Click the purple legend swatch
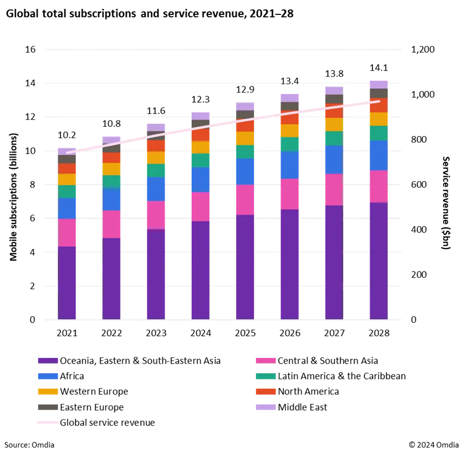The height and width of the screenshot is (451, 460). pyautogui.click(x=48, y=360)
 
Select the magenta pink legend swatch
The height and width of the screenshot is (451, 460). pyautogui.click(x=265, y=360)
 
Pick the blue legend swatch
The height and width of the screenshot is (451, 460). pyautogui.click(x=48, y=376)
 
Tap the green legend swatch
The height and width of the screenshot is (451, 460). pyautogui.click(x=265, y=376)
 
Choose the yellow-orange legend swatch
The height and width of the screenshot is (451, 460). pyautogui.click(x=48, y=391)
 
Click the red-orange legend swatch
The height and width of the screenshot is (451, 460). pyautogui.click(x=265, y=391)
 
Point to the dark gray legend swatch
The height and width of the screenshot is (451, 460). pyautogui.click(x=48, y=407)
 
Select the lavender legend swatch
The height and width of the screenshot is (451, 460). pyautogui.click(x=265, y=407)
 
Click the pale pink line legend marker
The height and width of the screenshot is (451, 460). pyautogui.click(x=48, y=422)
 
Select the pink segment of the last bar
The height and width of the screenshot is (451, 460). pyautogui.click(x=378, y=187)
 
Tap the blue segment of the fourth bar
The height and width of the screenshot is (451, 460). pyautogui.click(x=200, y=179)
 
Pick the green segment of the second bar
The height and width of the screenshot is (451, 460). pyautogui.click(x=111, y=182)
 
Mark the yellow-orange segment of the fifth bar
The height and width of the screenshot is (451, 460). pyautogui.click(x=244, y=138)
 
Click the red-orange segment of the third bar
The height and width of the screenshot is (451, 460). pyautogui.click(x=156, y=146)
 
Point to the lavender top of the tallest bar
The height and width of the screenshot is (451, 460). pyautogui.click(x=378, y=83)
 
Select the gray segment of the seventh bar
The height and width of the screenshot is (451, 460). pyautogui.click(x=333, y=99)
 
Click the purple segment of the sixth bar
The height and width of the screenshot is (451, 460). pyautogui.click(x=290, y=264)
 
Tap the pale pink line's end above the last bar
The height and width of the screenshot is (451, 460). pyautogui.click(x=379, y=101)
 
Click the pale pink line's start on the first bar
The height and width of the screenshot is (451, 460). pyautogui.click(x=67, y=152)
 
